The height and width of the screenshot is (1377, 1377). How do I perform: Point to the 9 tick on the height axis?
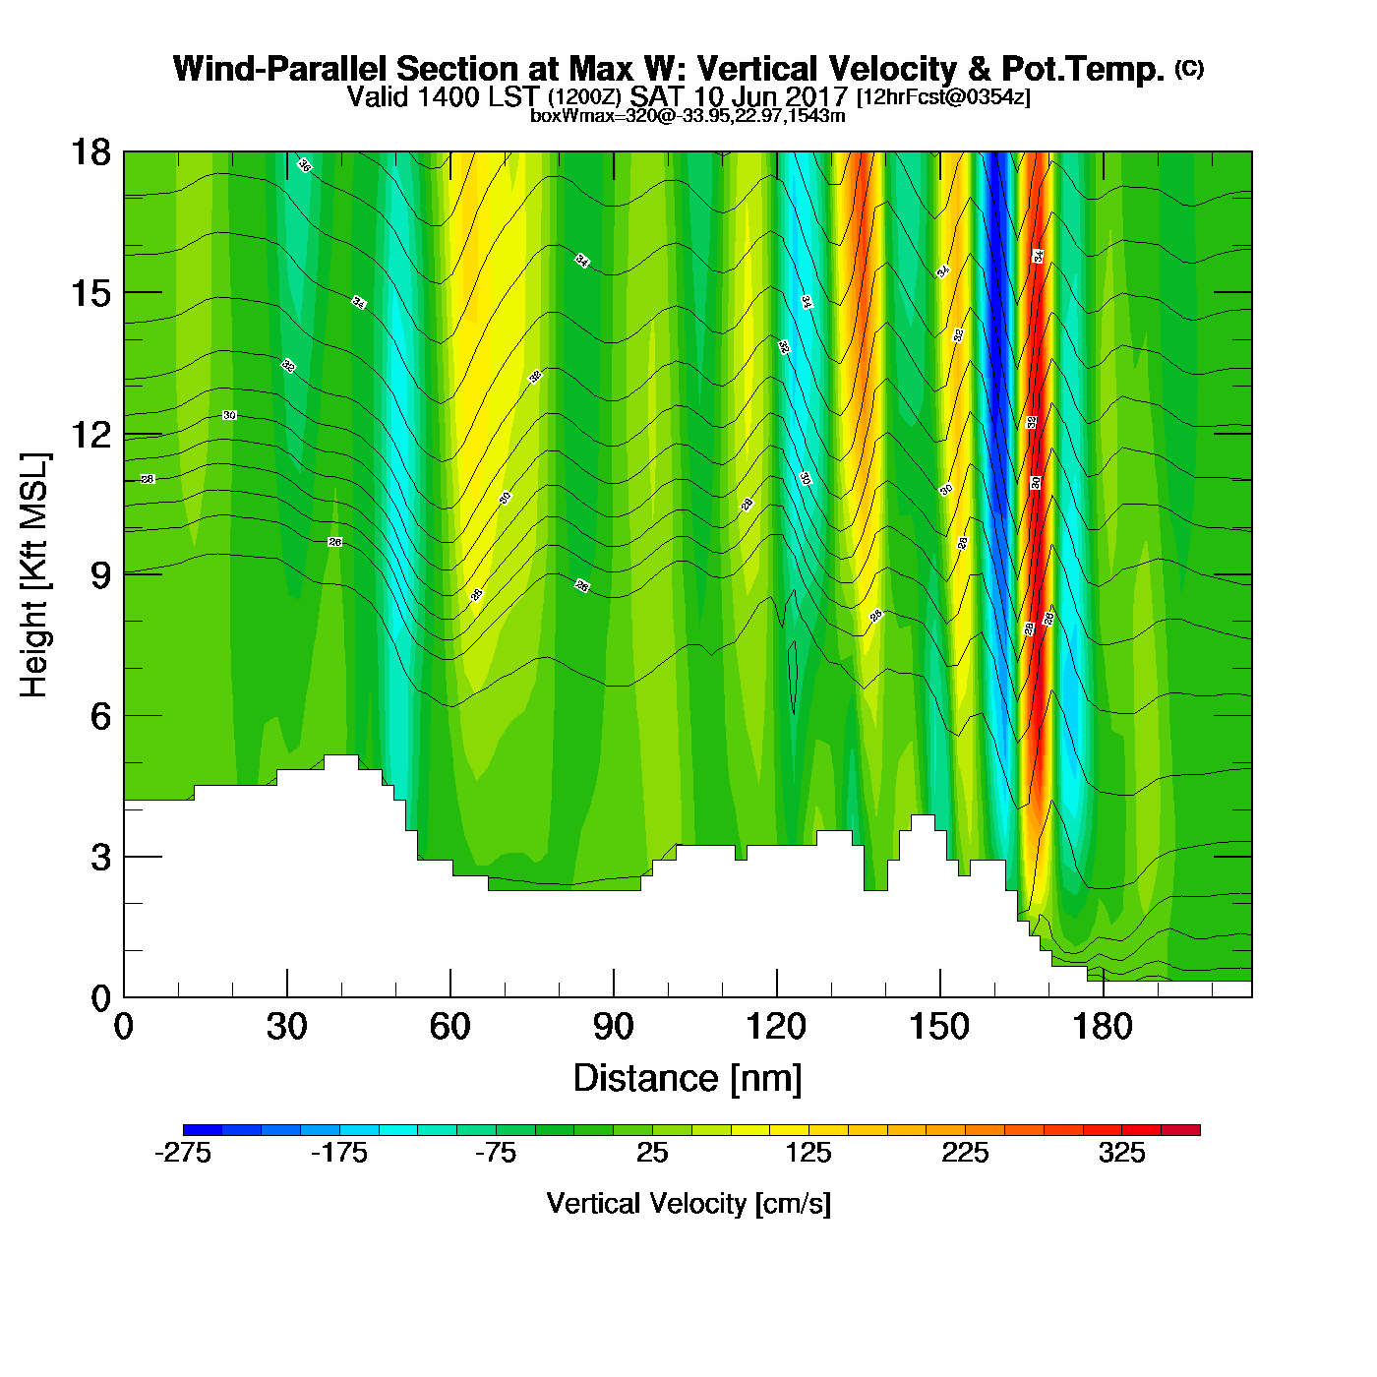tap(124, 575)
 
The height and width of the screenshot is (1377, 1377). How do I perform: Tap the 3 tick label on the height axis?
tap(100, 858)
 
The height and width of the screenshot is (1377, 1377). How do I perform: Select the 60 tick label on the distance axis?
tap(450, 1028)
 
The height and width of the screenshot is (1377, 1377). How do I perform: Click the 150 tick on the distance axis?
tap(940, 996)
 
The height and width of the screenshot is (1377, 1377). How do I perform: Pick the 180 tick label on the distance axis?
tap(1103, 1028)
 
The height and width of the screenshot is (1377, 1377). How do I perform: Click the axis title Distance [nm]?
tap(688, 1079)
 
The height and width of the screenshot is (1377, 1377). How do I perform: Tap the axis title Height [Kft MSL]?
tap(34, 575)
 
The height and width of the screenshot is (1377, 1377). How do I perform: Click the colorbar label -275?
tap(183, 1154)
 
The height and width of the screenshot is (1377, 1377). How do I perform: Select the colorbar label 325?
tap(1122, 1154)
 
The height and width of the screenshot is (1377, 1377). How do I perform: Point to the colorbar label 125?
tap(808, 1154)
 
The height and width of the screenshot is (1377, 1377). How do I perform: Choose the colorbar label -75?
tap(496, 1154)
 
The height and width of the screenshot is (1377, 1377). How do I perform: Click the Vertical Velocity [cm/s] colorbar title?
tap(688, 1204)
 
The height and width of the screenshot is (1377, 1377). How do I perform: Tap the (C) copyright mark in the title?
tap(1188, 68)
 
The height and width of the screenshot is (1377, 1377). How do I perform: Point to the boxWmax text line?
tap(688, 116)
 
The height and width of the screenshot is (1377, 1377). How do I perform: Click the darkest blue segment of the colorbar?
tap(203, 1130)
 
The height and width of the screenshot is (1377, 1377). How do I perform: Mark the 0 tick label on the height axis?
tap(100, 998)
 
